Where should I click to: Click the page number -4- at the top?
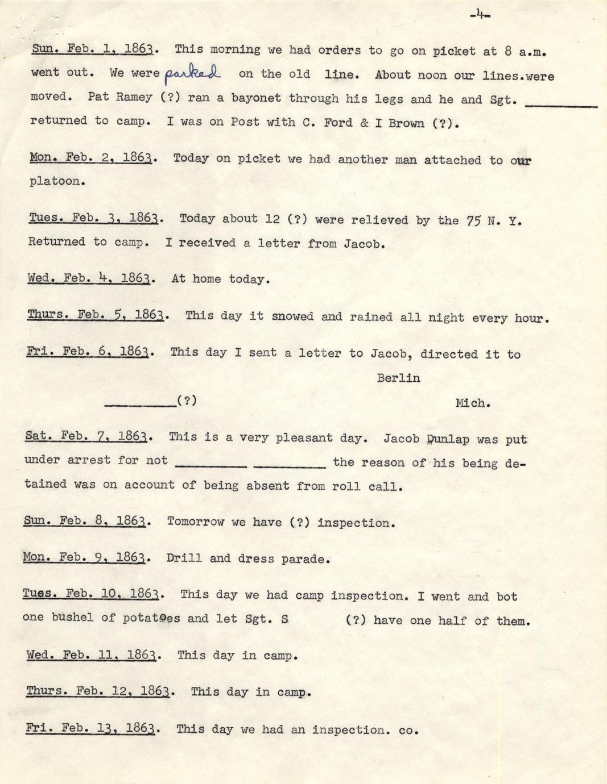coord(480,15)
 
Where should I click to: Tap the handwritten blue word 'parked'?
coord(192,74)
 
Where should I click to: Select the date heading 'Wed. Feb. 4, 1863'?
coord(89,278)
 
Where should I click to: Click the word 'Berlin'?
coord(398,378)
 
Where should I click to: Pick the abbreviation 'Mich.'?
coord(473,403)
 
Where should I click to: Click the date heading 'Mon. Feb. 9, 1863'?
coord(86,557)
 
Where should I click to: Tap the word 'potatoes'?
coord(151,618)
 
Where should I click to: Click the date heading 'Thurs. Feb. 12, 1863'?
coord(98,691)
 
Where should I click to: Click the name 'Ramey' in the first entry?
coord(134,97)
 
